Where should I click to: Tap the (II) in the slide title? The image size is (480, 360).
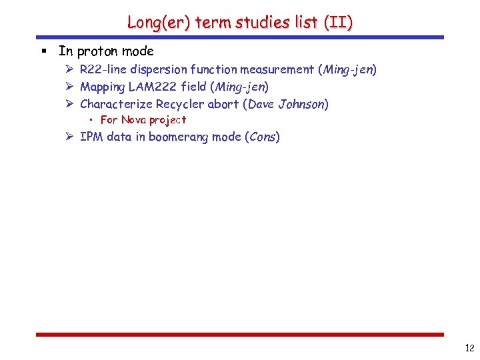338,22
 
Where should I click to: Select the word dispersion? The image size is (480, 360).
158,69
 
